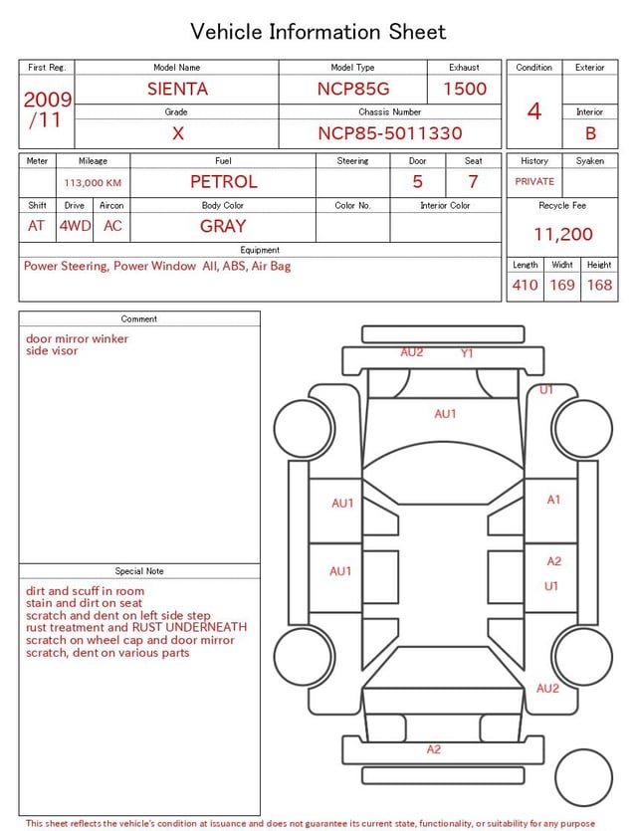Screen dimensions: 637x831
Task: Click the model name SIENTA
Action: coord(177,89)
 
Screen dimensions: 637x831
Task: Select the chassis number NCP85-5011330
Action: coord(390,133)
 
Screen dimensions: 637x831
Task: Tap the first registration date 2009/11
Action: coord(47,109)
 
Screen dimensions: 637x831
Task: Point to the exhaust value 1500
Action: coord(465,89)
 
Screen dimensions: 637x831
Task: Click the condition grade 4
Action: coord(534,111)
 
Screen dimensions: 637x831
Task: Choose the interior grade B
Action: coord(590,133)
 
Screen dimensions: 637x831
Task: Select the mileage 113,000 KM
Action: coord(93,183)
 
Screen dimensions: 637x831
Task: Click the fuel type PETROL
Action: coord(224,182)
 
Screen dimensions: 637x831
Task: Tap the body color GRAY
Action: coord(223,226)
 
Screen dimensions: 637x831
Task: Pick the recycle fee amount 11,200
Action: coord(562,234)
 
